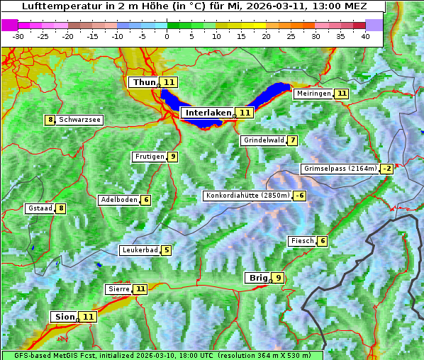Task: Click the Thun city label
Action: (x=143, y=82)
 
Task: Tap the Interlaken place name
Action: (x=208, y=113)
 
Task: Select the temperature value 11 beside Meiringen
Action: (x=342, y=94)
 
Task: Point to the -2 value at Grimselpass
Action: (x=386, y=169)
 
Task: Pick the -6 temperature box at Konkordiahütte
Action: (x=300, y=196)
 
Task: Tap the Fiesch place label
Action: (x=302, y=241)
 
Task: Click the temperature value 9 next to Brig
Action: (x=278, y=278)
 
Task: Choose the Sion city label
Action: (x=63, y=316)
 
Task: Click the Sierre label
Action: (x=118, y=289)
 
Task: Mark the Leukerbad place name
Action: (x=140, y=250)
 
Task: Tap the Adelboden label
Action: (x=119, y=200)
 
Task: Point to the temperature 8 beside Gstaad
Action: (x=61, y=208)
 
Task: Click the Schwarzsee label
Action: (x=79, y=120)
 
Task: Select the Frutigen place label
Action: (x=150, y=157)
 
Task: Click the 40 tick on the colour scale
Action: (x=365, y=35)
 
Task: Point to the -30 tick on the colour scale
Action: (x=18, y=35)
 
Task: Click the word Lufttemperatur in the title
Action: (x=57, y=6)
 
